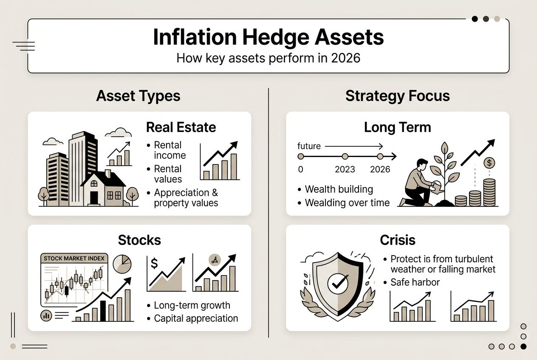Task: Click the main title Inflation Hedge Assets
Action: pyautogui.click(x=268, y=37)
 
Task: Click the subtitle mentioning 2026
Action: pyautogui.click(x=268, y=57)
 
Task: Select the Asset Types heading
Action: pyautogui.click(x=138, y=96)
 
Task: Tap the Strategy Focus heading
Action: pyautogui.click(x=397, y=96)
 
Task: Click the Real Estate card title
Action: pyautogui.click(x=181, y=127)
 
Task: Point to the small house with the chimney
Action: pyautogui.click(x=103, y=188)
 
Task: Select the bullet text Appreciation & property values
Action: pyautogui.click(x=186, y=198)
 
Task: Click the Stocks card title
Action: pyautogui.click(x=139, y=240)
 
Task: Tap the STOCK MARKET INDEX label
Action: pyautogui.click(x=74, y=258)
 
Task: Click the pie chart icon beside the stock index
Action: pyautogui.click(x=122, y=264)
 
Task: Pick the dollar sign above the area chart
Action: pyautogui.click(x=154, y=264)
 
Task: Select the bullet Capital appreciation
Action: pyautogui.click(x=195, y=318)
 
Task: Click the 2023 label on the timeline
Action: pyautogui.click(x=345, y=169)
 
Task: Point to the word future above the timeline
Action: pyautogui.click(x=309, y=146)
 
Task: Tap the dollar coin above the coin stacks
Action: pyautogui.click(x=489, y=163)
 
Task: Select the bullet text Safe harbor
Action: pyautogui.click(x=415, y=282)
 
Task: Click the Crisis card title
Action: pyautogui.click(x=397, y=240)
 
